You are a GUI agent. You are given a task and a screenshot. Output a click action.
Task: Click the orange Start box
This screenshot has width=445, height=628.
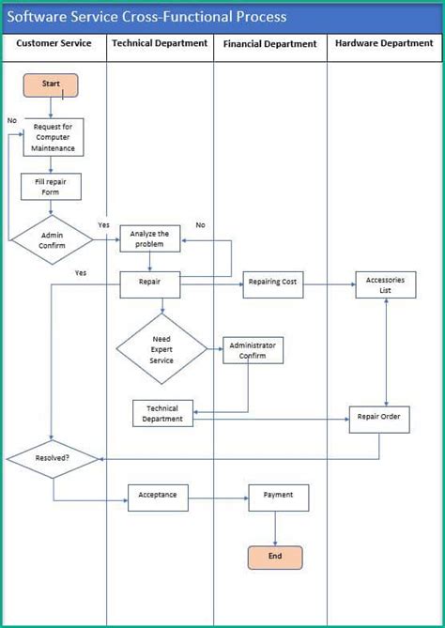tap(51, 84)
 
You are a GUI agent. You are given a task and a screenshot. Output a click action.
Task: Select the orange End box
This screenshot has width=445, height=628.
tap(275, 557)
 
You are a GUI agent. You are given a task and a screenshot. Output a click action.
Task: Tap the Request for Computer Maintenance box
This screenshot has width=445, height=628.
tap(53, 137)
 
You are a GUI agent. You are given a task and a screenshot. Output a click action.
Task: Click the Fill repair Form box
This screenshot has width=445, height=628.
tap(52, 186)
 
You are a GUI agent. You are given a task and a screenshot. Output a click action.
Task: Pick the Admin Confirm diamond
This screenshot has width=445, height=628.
tap(52, 239)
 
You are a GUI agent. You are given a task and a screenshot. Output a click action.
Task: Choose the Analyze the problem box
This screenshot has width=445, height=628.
tap(149, 238)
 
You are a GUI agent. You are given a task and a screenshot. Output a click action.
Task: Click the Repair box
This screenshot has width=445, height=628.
tap(149, 283)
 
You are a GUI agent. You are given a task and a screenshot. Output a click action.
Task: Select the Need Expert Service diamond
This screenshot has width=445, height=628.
tap(161, 348)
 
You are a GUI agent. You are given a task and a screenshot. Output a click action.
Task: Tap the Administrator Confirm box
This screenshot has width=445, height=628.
tap(253, 350)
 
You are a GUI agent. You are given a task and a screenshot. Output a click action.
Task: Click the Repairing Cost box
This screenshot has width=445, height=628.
tap(273, 284)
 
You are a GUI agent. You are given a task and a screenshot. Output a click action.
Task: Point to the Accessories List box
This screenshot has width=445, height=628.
tap(385, 284)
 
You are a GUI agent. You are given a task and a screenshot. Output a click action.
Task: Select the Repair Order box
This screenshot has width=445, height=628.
tap(379, 419)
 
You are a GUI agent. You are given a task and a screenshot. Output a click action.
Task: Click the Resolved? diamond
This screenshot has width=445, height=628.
tap(53, 459)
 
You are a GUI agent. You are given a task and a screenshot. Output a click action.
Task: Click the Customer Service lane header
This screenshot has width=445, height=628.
tap(54, 44)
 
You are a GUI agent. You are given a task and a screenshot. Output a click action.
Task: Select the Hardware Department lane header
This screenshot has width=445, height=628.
tap(384, 44)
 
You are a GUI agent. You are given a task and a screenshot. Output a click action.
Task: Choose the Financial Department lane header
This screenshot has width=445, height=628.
tap(269, 44)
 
